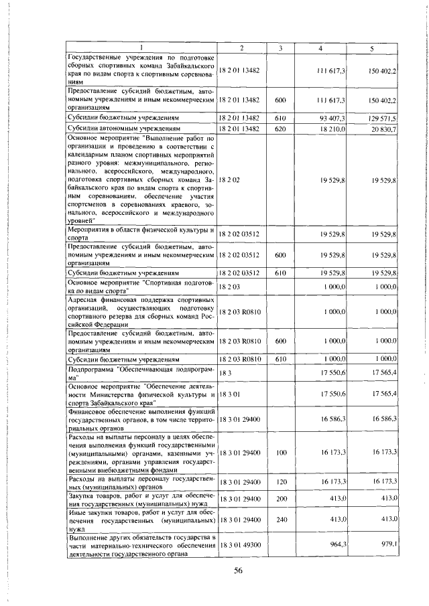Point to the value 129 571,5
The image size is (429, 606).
coord(383,118)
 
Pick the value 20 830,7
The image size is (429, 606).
coord(384,129)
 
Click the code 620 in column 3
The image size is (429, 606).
coord(280,129)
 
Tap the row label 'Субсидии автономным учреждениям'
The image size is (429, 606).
coord(125,129)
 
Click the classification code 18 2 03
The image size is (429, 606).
coord(229,287)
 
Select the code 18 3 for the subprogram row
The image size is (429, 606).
coord(225,372)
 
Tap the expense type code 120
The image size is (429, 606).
coord(280,481)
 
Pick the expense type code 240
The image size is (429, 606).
coord(280,519)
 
